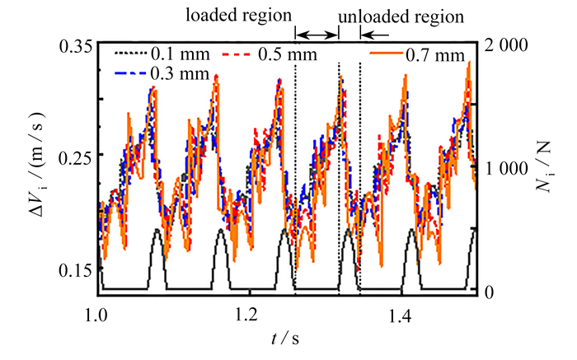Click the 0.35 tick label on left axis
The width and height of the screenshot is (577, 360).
tap(75, 48)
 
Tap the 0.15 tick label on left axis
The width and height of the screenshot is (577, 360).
tap(75, 270)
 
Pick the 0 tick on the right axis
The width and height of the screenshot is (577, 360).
tap(489, 293)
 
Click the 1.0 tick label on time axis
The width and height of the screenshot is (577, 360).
tap(96, 316)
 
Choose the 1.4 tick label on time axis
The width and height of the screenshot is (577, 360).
tap(401, 316)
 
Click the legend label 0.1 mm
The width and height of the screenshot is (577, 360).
tap(181, 54)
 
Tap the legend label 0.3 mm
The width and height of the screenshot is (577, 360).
tap(180, 73)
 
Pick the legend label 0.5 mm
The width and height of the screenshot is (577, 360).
tap(288, 54)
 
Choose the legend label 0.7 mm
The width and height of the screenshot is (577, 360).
tap(435, 55)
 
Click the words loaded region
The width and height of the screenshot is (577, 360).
tap(238, 16)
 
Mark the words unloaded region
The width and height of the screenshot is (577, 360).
tap(401, 17)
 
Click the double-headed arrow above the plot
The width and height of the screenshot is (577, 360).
tap(317, 35)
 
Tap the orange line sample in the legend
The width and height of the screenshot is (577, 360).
tap(387, 54)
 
